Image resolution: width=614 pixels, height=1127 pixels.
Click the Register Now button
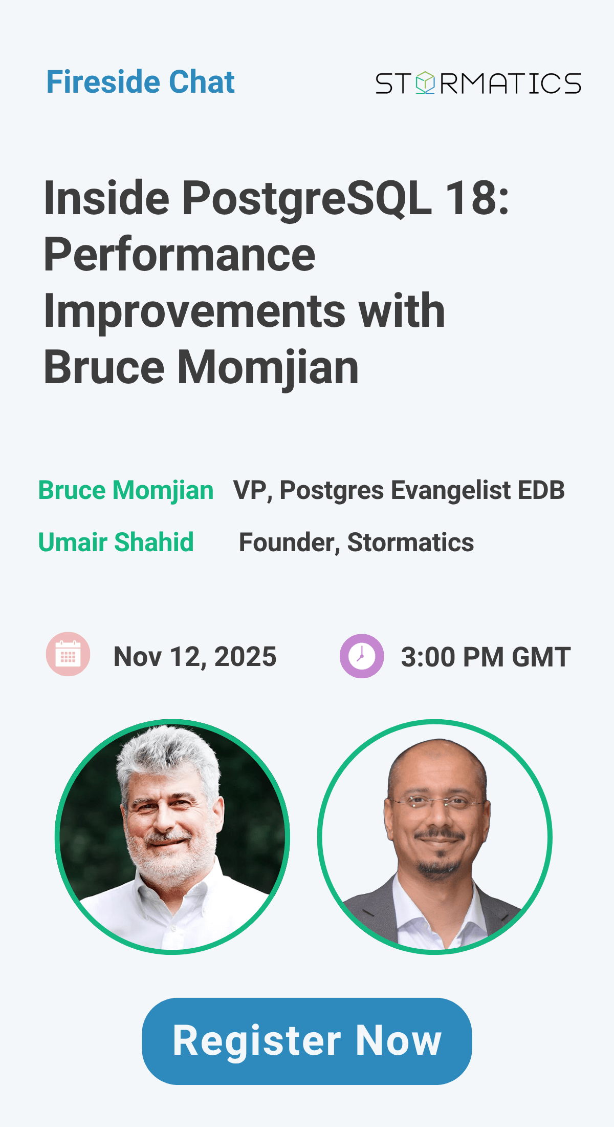click(x=307, y=1041)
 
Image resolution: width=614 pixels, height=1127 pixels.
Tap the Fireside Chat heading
click(x=141, y=82)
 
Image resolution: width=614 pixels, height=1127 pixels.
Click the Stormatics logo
click(x=478, y=84)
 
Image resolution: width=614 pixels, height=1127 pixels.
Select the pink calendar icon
click(x=68, y=654)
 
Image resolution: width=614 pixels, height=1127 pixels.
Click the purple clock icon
click(x=362, y=656)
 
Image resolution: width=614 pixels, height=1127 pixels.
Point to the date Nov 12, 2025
click(x=195, y=657)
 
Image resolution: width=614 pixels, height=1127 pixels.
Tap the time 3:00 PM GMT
click(x=486, y=657)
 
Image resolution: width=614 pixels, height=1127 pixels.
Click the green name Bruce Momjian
click(x=126, y=490)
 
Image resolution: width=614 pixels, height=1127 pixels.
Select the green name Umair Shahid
click(x=116, y=542)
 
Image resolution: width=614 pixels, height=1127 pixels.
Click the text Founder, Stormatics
click(x=357, y=542)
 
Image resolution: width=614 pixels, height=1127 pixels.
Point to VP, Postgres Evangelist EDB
click(x=399, y=490)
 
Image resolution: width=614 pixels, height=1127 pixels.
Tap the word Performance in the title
click(x=180, y=255)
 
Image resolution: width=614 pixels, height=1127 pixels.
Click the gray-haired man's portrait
click(x=172, y=837)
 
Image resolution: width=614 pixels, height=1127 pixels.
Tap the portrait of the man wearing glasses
click(x=435, y=837)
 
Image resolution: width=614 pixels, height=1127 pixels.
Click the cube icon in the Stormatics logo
click(x=425, y=83)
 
